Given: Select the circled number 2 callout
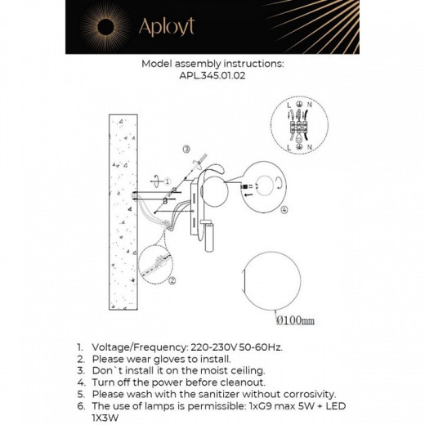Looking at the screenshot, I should click(x=172, y=280).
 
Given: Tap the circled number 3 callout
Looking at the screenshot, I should click(x=186, y=150).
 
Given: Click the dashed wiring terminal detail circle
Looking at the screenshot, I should click(x=300, y=125).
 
